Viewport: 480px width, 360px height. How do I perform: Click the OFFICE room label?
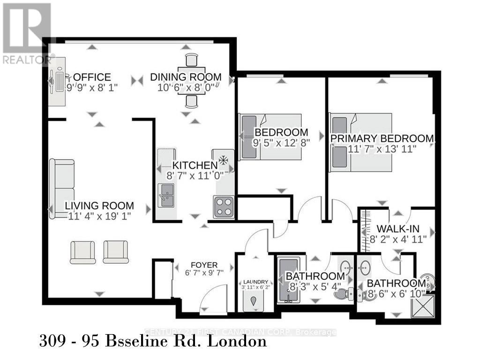(92, 77)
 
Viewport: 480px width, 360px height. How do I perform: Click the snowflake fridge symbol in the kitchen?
(224, 161)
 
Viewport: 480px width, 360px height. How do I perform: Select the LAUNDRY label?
(255, 282)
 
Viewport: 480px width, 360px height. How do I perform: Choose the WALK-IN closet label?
(398, 230)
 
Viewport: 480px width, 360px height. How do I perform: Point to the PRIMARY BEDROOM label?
(382, 138)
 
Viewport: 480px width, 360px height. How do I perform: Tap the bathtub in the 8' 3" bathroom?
(285, 280)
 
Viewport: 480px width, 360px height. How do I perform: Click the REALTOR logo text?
(27, 60)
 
